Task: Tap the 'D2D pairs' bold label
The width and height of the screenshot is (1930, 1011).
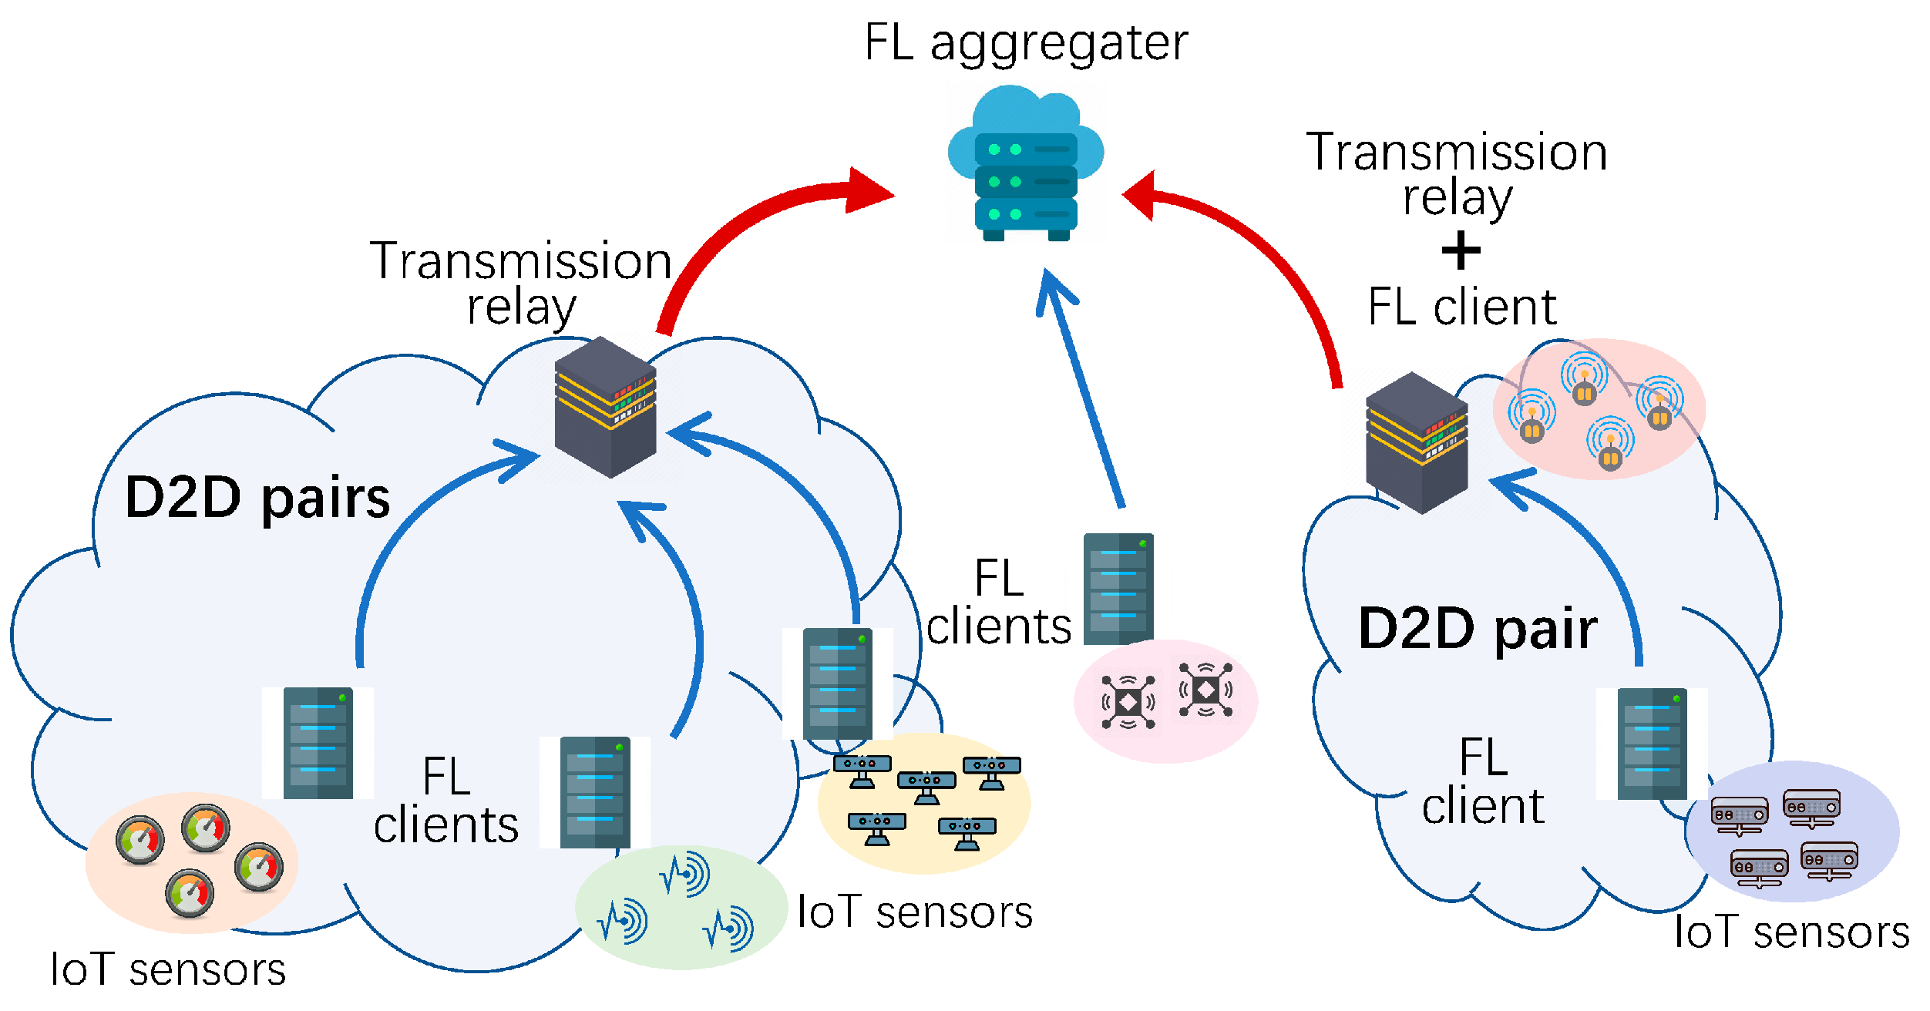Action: (257, 499)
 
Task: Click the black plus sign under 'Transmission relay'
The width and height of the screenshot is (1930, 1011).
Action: (1461, 251)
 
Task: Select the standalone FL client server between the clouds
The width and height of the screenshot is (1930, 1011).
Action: (1118, 589)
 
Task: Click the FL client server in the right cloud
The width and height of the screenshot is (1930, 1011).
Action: (1652, 744)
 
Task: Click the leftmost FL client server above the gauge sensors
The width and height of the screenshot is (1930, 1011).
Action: (318, 743)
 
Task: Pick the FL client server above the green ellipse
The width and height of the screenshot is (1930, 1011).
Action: (595, 792)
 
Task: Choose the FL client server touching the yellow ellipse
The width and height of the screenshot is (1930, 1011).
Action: (838, 684)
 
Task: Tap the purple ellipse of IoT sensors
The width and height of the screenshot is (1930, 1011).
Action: (1791, 831)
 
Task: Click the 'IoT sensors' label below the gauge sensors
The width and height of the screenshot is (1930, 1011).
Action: (168, 970)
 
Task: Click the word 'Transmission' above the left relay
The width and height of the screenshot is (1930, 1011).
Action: (521, 261)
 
